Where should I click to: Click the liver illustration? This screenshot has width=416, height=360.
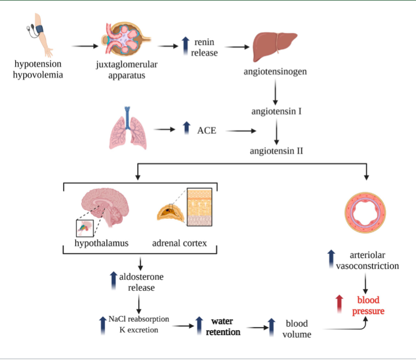[274, 44]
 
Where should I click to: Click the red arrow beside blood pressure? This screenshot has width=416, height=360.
[339, 304]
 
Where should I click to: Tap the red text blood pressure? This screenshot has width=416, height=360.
[368, 306]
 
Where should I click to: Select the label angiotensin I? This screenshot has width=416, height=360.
[277, 111]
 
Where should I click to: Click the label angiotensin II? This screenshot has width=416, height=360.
[277, 151]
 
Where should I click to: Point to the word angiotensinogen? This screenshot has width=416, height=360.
[275, 71]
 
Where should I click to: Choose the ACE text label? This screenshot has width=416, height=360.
[206, 130]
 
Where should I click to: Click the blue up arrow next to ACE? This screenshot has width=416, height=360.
[186, 128]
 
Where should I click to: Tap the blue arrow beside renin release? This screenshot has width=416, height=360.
[185, 46]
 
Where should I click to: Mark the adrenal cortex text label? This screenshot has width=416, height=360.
[179, 243]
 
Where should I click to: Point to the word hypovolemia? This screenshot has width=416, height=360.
[39, 75]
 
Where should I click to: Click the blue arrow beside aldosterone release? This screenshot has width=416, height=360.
[113, 280]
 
